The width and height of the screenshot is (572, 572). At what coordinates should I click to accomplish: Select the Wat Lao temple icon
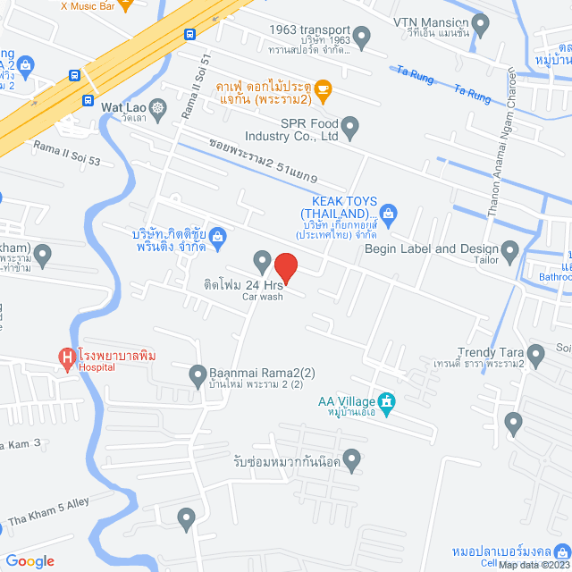pos(158,109)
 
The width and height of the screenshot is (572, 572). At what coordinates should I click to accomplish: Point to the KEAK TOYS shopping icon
pos(387,213)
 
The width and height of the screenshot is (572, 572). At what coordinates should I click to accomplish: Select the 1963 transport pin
pos(361,38)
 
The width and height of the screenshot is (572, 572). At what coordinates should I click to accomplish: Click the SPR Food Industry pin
pos(349,129)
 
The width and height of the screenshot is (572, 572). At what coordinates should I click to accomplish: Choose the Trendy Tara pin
pos(536,355)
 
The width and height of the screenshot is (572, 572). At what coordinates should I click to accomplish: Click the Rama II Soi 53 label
pos(67,146)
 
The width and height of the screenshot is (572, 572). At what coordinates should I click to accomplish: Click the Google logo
pos(29,560)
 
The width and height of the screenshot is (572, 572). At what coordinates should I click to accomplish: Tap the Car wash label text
pos(263,297)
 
